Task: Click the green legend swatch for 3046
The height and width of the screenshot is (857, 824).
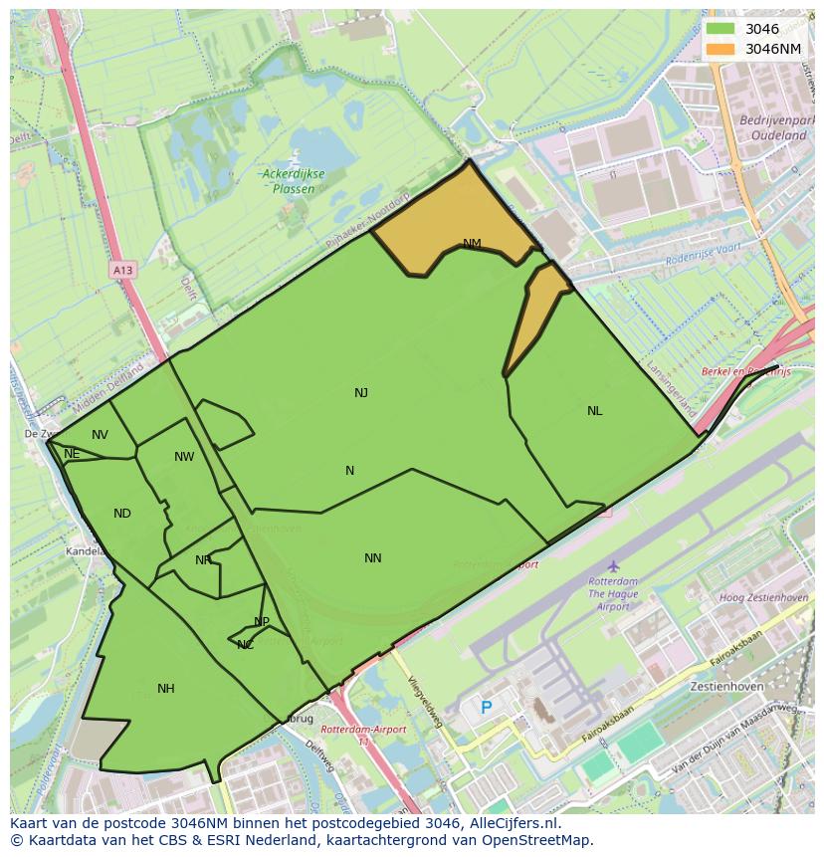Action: point(721,29)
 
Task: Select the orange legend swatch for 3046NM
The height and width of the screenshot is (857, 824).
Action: point(721,49)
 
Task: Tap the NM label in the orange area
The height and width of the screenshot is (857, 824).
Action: point(472,244)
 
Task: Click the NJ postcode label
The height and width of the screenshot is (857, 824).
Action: point(361,393)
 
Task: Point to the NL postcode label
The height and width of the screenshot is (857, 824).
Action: point(594,411)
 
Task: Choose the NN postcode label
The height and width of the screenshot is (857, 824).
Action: point(373,558)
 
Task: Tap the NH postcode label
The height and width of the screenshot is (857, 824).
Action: point(166,689)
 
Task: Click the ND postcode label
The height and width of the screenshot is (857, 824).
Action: point(122,514)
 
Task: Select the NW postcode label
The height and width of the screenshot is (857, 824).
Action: point(184,457)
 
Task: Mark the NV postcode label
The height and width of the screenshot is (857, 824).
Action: point(100,435)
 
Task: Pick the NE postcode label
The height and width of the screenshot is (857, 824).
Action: point(72,454)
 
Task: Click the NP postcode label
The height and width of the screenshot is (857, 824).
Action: point(262,622)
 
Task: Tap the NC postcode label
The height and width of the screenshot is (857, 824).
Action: point(246,645)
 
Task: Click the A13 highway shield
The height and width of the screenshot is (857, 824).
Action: point(122,270)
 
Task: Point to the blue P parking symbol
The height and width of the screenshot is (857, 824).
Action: point(487,708)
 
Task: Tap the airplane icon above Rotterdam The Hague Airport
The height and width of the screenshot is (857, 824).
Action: point(613,565)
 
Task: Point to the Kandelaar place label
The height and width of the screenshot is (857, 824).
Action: point(87,550)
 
